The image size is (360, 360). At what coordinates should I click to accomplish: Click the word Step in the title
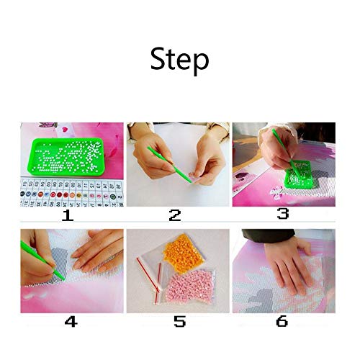pyautogui.click(x=179, y=60)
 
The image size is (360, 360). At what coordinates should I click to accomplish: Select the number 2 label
pyautogui.click(x=176, y=214)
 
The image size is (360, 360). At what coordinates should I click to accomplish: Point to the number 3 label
pyautogui.click(x=282, y=214)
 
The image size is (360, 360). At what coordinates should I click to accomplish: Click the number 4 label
pyautogui.click(x=71, y=321)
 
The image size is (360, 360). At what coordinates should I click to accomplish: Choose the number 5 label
pyautogui.click(x=177, y=321)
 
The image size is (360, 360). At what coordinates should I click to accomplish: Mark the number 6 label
pyautogui.click(x=282, y=321)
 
